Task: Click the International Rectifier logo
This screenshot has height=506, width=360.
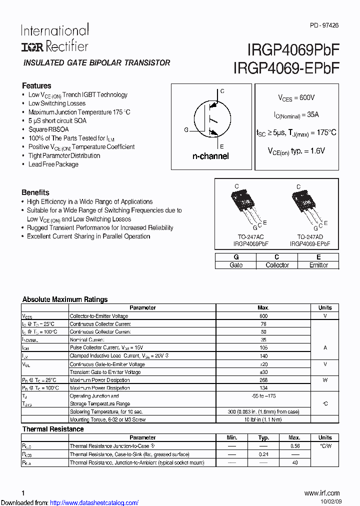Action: pos(54,38)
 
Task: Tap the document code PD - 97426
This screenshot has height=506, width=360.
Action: pos(324,25)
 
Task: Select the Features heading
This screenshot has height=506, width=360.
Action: pos(36,85)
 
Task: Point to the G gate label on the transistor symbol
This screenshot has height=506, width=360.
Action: pos(186,130)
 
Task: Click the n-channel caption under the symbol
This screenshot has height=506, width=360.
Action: pos(210,156)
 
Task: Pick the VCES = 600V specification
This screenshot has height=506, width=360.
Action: pos(296,98)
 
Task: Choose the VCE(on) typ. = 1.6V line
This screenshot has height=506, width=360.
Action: pos(296,150)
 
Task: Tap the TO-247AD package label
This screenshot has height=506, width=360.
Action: pos(309,236)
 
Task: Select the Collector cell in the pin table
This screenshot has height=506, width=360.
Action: pos(277,265)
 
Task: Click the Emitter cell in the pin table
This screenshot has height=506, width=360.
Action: pos(318,265)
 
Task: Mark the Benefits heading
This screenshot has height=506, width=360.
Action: pos(35,192)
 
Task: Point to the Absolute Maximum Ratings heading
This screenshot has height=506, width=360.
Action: pos(65,299)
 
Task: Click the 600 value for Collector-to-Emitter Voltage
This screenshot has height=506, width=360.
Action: pos(263,316)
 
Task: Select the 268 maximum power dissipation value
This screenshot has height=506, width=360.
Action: pos(263,380)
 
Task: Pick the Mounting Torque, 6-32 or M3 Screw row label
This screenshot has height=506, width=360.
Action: pos(107,420)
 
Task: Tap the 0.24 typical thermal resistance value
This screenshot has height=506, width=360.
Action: pos(263,454)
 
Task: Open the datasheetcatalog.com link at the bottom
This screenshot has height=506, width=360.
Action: pos(94,502)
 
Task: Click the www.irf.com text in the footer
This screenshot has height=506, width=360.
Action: pos(321,493)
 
